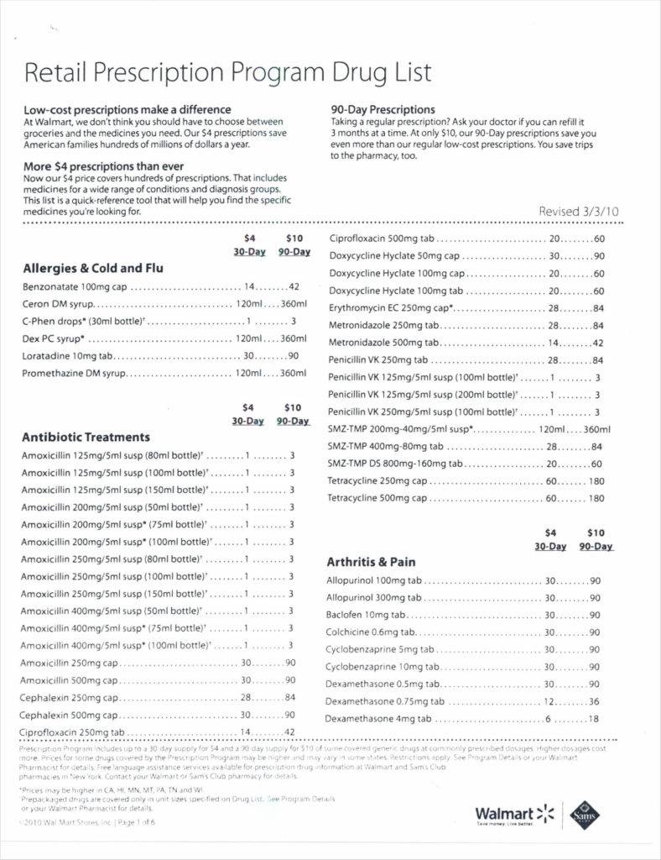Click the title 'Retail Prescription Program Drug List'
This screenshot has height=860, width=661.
228,73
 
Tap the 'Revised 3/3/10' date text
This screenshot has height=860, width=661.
578,211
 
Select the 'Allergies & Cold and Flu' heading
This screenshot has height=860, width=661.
93,269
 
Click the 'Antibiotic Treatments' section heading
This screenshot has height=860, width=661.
86,437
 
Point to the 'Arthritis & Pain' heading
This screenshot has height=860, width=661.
371,562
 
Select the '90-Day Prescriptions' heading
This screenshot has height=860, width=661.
383,110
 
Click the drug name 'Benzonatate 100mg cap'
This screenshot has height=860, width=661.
74,286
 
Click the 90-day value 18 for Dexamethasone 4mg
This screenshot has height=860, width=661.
594,719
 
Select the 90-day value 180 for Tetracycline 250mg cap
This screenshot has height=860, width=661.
596,481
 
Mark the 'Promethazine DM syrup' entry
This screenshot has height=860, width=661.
74,373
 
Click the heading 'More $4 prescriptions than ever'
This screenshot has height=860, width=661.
103,166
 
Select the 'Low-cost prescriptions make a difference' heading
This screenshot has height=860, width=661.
127,110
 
